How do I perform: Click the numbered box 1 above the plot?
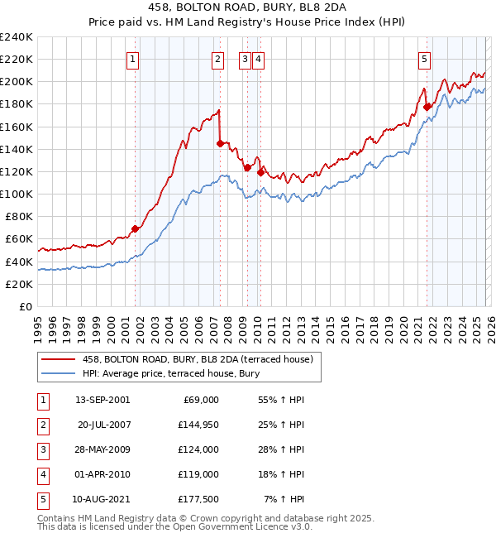133,59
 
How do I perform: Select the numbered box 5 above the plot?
424,59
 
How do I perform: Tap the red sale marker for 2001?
135,228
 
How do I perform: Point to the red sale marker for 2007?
220,143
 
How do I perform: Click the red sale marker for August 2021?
427,107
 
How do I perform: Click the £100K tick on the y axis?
16,194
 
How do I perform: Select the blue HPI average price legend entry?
171,374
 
